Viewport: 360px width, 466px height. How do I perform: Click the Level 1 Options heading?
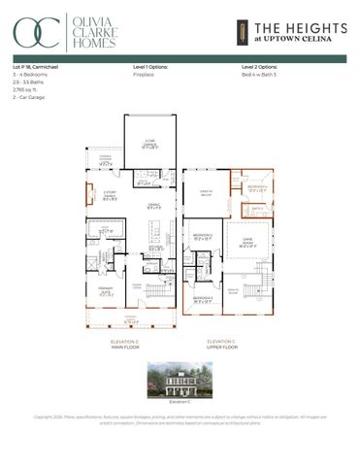[150, 66]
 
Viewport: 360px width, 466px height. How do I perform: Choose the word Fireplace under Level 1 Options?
[143, 74]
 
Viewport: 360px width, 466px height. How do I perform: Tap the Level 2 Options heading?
[260, 66]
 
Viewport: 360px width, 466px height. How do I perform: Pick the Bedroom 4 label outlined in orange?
[257, 187]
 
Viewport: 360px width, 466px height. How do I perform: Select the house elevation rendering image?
[180, 378]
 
